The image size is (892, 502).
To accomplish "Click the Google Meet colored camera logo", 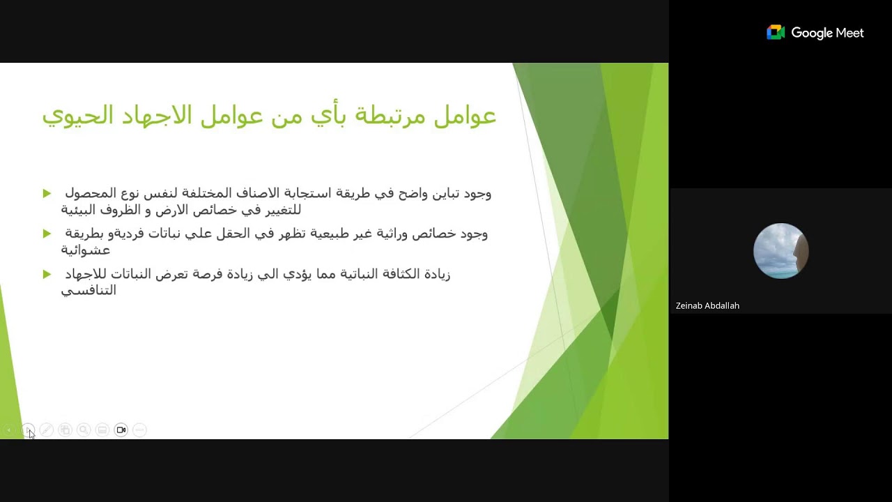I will click(776, 33).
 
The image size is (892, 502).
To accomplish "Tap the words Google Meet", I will click(827, 33).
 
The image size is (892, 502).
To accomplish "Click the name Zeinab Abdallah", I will click(707, 305).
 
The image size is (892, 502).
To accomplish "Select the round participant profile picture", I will click(780, 251).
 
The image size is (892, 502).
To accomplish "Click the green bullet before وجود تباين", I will click(47, 193).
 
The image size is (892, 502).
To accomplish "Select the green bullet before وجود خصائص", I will click(47, 234).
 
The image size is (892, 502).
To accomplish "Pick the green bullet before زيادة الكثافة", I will click(47, 274).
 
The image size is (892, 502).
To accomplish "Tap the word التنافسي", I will click(89, 291).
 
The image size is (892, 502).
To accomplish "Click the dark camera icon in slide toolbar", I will click(121, 430).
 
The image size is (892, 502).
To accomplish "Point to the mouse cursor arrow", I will click(31, 434).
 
